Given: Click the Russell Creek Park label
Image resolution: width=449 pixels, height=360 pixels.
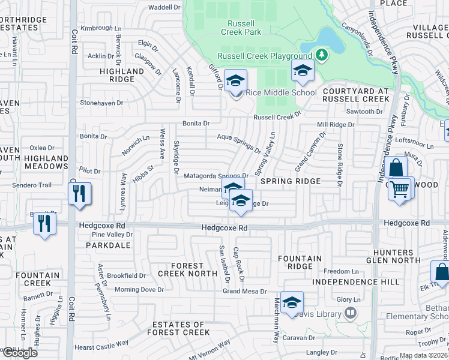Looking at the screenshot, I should [x=241, y=28].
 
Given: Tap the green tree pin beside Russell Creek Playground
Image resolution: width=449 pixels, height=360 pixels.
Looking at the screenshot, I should [x=322, y=56].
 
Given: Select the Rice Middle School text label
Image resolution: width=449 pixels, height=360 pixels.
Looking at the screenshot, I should [x=280, y=92].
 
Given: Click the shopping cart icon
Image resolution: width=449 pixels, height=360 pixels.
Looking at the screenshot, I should [x=400, y=190].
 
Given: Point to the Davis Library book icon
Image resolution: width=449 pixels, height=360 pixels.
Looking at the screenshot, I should [x=351, y=313].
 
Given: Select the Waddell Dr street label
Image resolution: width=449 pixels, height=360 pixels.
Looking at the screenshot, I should [x=164, y=7].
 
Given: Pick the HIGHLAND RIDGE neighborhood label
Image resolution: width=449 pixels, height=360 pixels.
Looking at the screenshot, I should [x=122, y=75].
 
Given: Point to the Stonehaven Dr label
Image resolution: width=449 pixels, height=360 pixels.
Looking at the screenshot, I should [x=101, y=103].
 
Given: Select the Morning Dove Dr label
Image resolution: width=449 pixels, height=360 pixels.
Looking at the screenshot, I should [x=139, y=290].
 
